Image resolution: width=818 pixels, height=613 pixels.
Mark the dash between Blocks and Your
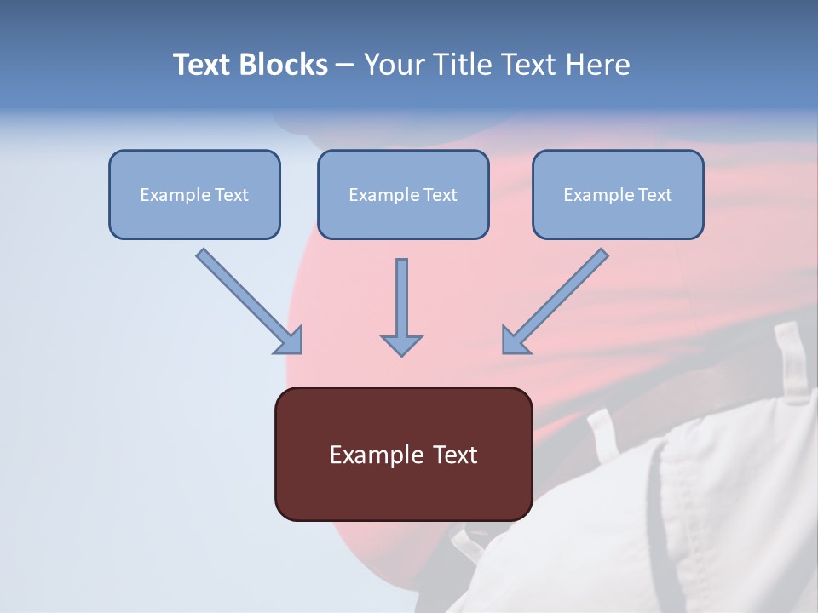[345, 66]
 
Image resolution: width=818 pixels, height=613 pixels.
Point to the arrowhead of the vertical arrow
[401, 345]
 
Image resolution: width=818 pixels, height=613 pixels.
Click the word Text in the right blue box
[654, 195]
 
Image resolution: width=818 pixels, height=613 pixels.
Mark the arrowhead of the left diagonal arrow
[290, 341]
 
